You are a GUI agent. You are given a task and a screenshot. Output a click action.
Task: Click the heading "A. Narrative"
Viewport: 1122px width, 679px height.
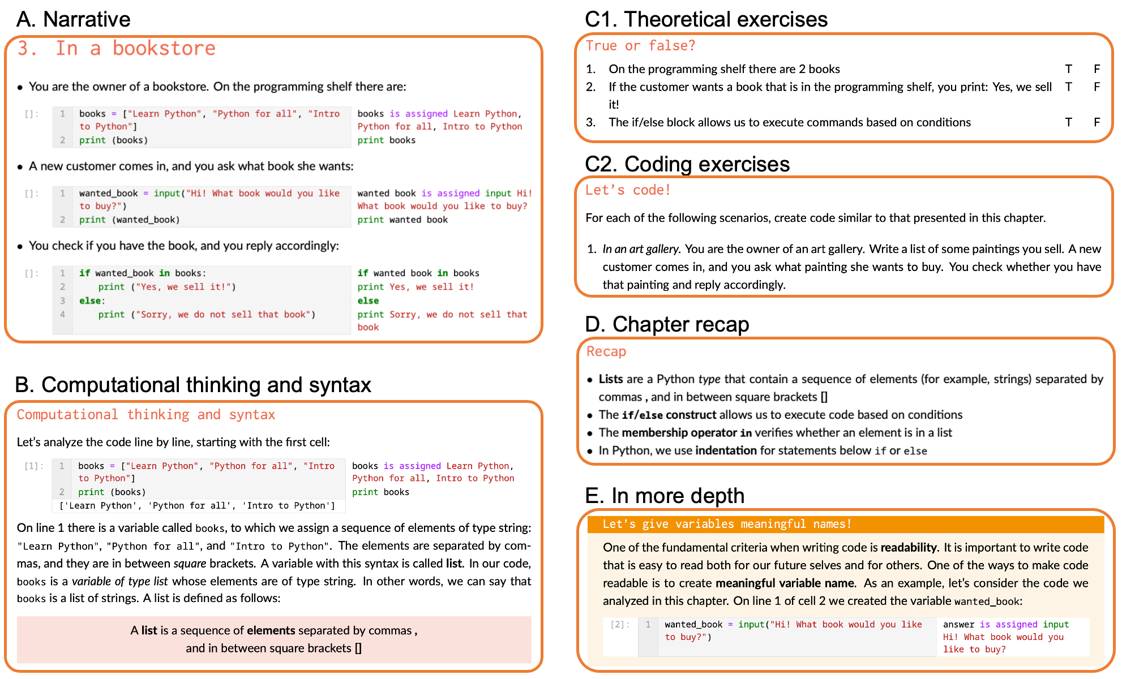pyautogui.click(x=73, y=19)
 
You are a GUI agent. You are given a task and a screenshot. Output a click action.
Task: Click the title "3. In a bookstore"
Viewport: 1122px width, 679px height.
pyautogui.click(x=116, y=49)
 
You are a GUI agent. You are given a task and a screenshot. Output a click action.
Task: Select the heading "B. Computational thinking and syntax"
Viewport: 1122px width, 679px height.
pyautogui.click(x=193, y=385)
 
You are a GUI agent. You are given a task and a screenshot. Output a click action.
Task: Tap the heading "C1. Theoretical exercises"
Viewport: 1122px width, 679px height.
pyautogui.click(x=706, y=19)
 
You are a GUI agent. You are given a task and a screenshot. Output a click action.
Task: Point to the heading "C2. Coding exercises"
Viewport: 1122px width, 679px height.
pyautogui.click(x=687, y=164)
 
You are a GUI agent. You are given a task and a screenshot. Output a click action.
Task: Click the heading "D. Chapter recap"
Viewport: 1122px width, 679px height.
pyautogui.click(x=667, y=324)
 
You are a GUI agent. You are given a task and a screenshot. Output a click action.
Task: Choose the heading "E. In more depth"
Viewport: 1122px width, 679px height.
pyautogui.click(x=665, y=496)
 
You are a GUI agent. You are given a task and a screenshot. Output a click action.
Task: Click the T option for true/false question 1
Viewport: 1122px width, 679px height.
pyautogui.click(x=1068, y=69)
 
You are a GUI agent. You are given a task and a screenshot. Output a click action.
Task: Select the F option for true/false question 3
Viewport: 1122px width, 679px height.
pyautogui.click(x=1097, y=122)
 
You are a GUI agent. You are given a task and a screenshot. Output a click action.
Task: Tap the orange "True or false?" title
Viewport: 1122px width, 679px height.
pyautogui.click(x=640, y=46)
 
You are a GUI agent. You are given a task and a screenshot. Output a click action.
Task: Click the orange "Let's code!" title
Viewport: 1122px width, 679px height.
pyautogui.click(x=628, y=190)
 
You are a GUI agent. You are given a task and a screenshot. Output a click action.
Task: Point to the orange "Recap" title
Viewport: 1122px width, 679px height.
pyautogui.click(x=606, y=351)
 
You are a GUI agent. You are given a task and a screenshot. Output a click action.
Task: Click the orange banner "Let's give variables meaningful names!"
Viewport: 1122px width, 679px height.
pyautogui.click(x=727, y=524)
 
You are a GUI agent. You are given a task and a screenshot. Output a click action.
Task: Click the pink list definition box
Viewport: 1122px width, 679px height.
pyautogui.click(x=274, y=639)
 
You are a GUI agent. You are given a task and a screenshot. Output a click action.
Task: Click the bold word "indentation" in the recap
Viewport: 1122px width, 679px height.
pyautogui.click(x=726, y=450)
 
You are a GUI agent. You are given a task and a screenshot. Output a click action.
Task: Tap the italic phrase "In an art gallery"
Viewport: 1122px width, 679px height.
pyautogui.click(x=640, y=249)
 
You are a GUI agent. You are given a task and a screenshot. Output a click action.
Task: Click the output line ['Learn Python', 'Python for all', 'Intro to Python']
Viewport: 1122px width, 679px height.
pyautogui.click(x=197, y=506)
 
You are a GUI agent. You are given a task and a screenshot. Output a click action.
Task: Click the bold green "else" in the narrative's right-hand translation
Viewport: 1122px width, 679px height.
pyautogui.click(x=368, y=300)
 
